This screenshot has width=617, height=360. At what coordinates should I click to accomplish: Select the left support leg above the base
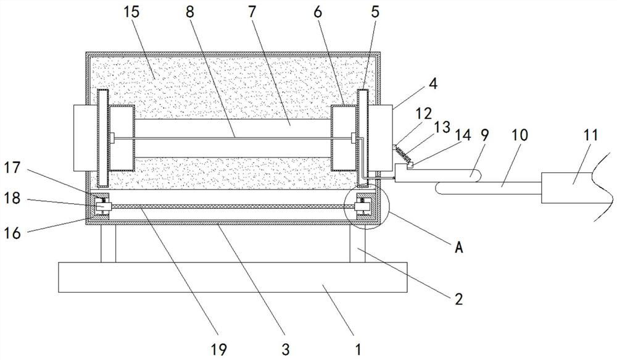click(x=109, y=243)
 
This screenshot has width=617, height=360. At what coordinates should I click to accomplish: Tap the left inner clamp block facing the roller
click(x=122, y=138)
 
